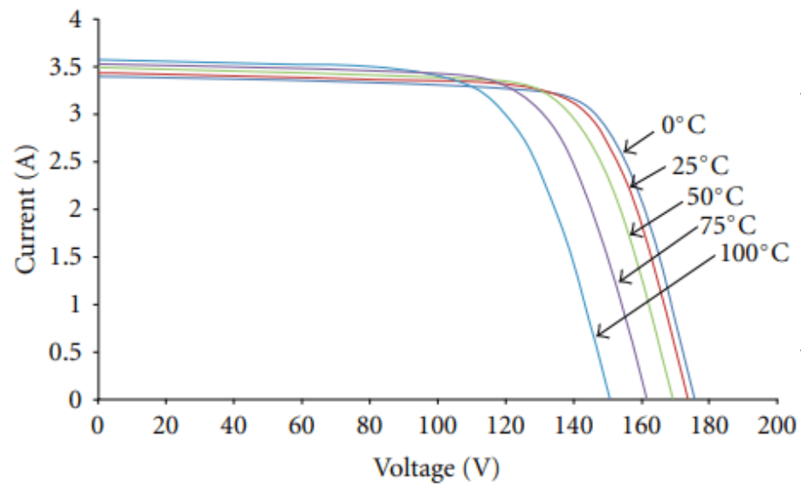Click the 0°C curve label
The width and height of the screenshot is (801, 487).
coord(682,126)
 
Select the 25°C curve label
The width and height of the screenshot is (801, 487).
coord(701,165)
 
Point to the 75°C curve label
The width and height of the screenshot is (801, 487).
coord(727,225)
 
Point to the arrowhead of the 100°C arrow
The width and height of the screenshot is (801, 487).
coord(598,334)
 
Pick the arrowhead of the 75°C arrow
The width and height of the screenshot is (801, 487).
coord(620,280)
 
